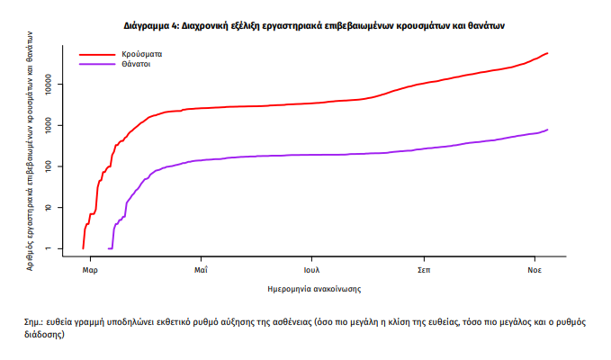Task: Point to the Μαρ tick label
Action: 89,269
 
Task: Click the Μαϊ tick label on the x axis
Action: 201,269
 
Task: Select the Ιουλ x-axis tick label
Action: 311,269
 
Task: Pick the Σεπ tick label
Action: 423,269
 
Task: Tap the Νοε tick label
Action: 534,269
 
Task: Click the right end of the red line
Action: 547,53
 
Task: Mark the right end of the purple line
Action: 547,130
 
